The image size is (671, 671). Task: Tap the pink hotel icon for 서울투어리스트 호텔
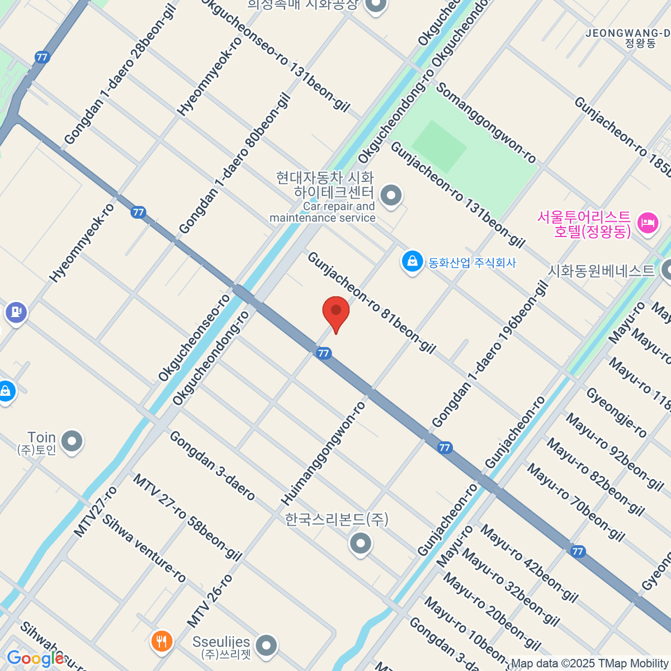point(648,223)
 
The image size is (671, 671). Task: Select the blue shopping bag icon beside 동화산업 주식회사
point(412,262)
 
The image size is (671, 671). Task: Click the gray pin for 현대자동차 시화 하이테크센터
point(390,196)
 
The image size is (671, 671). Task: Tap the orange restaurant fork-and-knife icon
point(162,641)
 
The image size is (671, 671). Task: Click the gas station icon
point(16,313)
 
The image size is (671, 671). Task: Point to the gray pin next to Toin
point(72,442)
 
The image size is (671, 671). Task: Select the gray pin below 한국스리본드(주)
point(360,543)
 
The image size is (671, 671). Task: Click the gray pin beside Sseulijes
point(266,646)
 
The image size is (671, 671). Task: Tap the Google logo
point(35,659)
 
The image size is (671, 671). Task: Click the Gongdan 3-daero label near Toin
point(212,465)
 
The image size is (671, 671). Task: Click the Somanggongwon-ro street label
point(486,123)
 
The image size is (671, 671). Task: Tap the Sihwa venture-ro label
point(144,549)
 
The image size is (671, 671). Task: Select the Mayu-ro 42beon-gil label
point(528,563)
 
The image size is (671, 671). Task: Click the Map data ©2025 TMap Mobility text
point(589,664)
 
